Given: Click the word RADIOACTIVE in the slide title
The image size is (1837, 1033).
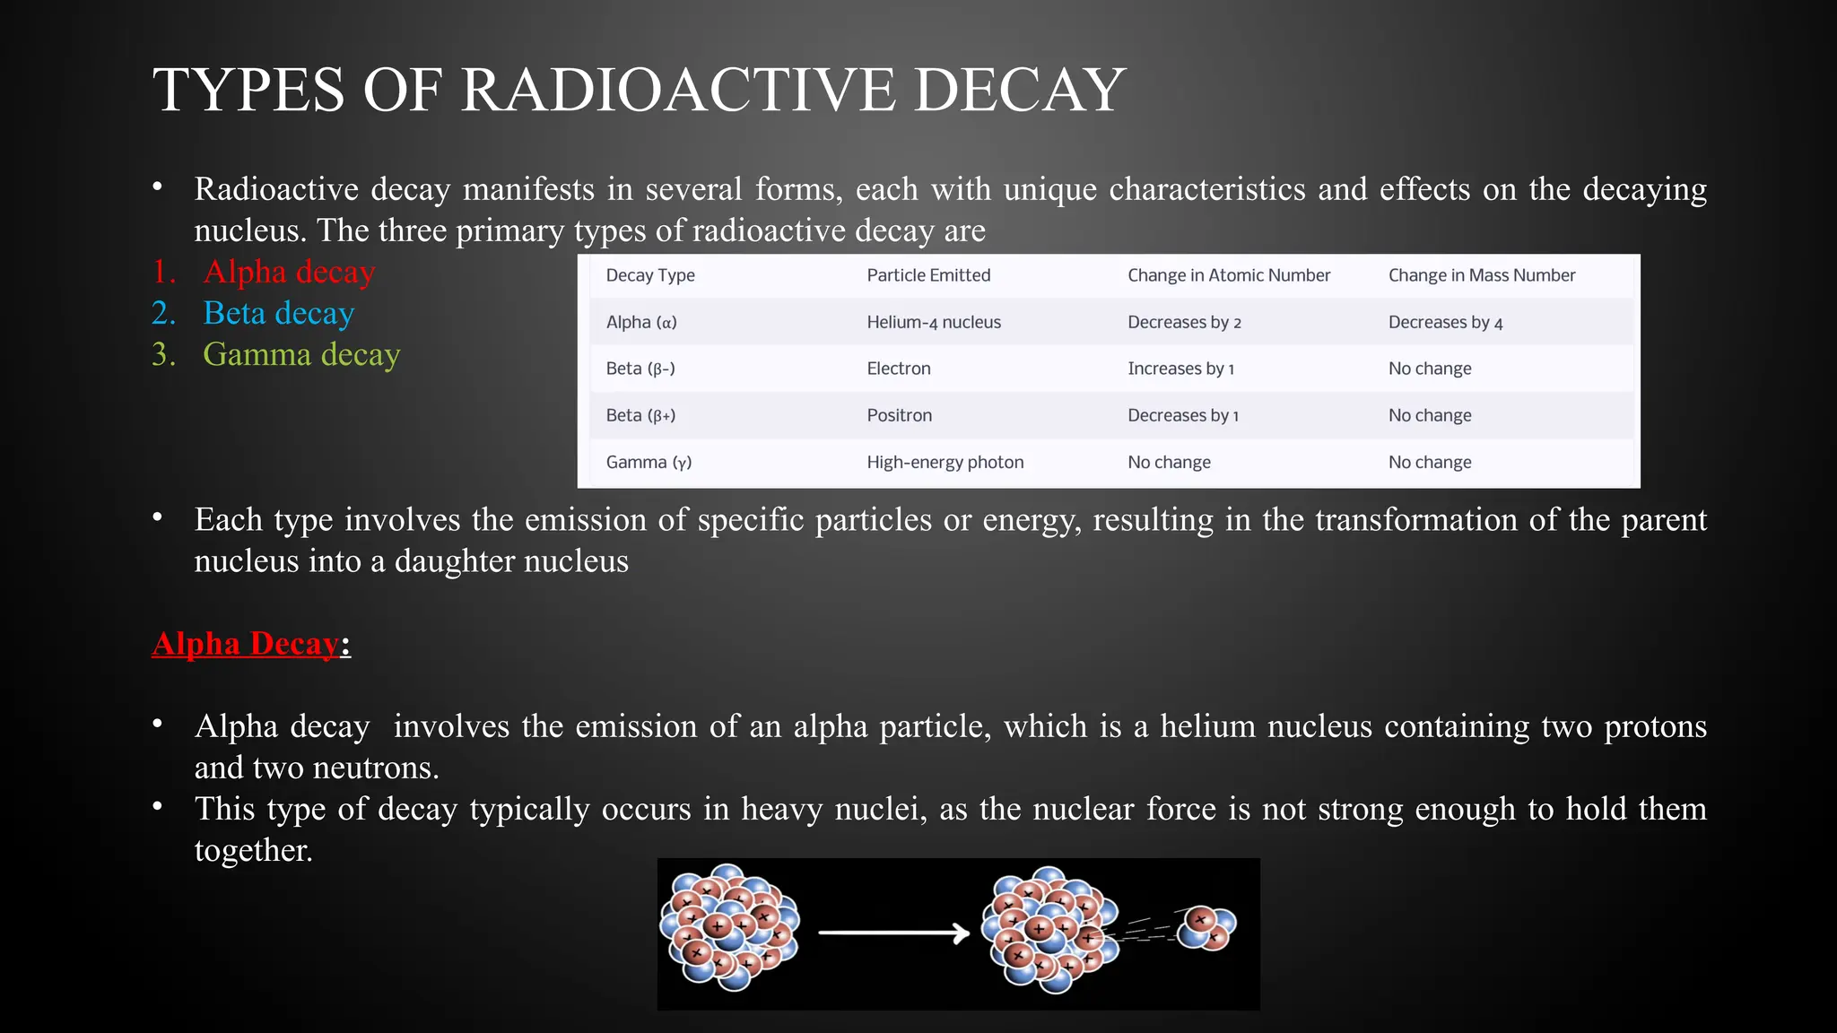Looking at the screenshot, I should point(678,90).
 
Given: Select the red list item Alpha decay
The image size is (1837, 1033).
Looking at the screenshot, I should point(288,272).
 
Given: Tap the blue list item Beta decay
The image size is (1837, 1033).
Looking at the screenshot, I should point(278,313).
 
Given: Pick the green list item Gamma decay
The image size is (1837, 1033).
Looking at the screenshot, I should point(300,354).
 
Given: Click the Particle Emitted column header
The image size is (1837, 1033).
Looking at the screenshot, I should point(928,275).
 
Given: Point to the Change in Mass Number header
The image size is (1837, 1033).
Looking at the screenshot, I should point(1481,275).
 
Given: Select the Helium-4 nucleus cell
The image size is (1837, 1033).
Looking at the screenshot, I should point(933,322).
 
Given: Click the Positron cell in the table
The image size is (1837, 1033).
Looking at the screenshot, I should point(899,415).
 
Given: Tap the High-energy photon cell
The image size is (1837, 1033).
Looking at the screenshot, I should point(945,462).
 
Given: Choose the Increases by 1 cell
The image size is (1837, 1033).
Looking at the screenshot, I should point(1180,369).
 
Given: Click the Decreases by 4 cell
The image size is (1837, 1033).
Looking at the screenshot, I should point(1445,322).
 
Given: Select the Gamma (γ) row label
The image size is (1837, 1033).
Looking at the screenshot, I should point(649,462).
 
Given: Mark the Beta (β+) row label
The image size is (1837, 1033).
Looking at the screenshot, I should point(640,415).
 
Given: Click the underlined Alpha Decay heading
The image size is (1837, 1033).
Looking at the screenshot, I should point(246,644).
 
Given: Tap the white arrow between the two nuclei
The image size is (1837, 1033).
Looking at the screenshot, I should point(893,933).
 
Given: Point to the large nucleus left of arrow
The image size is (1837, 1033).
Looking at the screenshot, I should point(728,928).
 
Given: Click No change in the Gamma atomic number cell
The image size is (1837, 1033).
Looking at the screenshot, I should point(1169,462).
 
